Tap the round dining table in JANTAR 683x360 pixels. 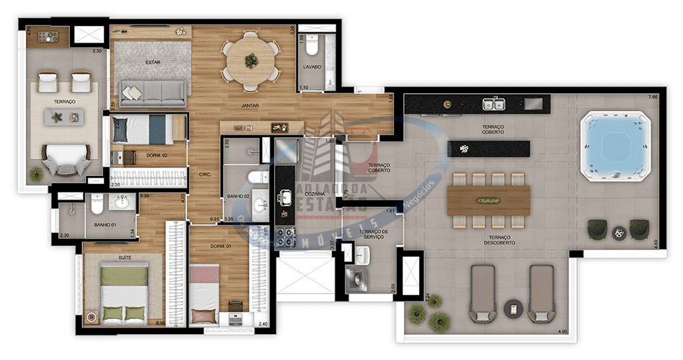pyautogui.click(x=250, y=61)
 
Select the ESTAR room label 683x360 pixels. pyautogui.click(x=152, y=62)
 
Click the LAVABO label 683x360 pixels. pyautogui.click(x=312, y=67)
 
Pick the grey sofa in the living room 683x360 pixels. pyautogui.click(x=153, y=92)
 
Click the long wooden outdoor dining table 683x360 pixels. pyautogui.click(x=489, y=200)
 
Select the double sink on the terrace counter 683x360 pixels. pyautogui.click(x=494, y=104)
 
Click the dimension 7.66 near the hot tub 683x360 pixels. pyautogui.click(x=653, y=97)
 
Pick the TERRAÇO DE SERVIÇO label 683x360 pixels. pyautogui.click(x=376, y=234)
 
